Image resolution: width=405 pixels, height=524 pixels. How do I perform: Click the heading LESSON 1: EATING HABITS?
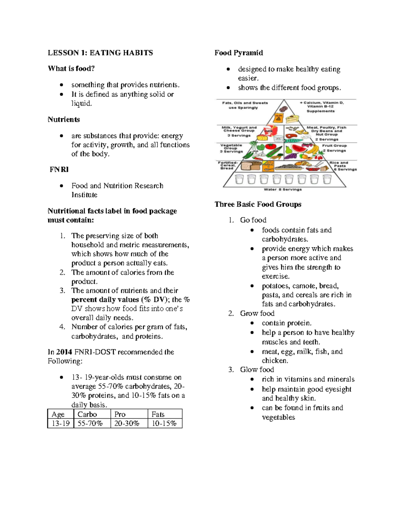coord(100,53)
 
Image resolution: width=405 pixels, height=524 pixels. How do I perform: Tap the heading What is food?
coord(71,68)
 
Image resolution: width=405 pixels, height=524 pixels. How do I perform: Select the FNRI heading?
coord(59,169)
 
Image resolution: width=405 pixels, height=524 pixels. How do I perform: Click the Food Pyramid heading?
coord(239,53)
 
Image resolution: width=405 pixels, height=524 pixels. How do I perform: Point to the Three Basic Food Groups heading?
coord(258,204)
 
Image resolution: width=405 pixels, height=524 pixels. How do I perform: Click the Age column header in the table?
coord(58,414)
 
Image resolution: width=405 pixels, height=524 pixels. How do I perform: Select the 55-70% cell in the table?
coord(90,423)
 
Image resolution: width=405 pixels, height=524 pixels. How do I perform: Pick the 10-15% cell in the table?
coord(164,423)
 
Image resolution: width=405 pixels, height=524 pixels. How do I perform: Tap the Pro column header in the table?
coord(120,414)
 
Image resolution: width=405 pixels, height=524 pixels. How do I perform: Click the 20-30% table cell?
coord(127,423)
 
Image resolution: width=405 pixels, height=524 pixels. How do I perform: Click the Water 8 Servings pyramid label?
coord(283,189)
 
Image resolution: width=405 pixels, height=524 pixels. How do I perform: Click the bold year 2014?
coord(64,352)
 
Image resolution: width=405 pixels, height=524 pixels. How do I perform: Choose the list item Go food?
coord(253,220)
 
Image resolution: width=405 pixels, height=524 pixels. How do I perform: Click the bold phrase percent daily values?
coord(105,300)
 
